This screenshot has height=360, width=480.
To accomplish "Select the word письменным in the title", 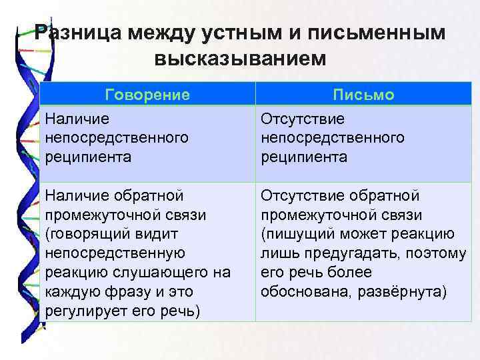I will pos(380,33).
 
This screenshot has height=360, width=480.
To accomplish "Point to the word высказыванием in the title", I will pos(241,58).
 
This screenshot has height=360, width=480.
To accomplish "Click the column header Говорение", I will pos(147,95).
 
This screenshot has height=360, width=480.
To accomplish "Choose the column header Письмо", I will pos(363,95).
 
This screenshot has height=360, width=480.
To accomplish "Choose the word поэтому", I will pos(437,254).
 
